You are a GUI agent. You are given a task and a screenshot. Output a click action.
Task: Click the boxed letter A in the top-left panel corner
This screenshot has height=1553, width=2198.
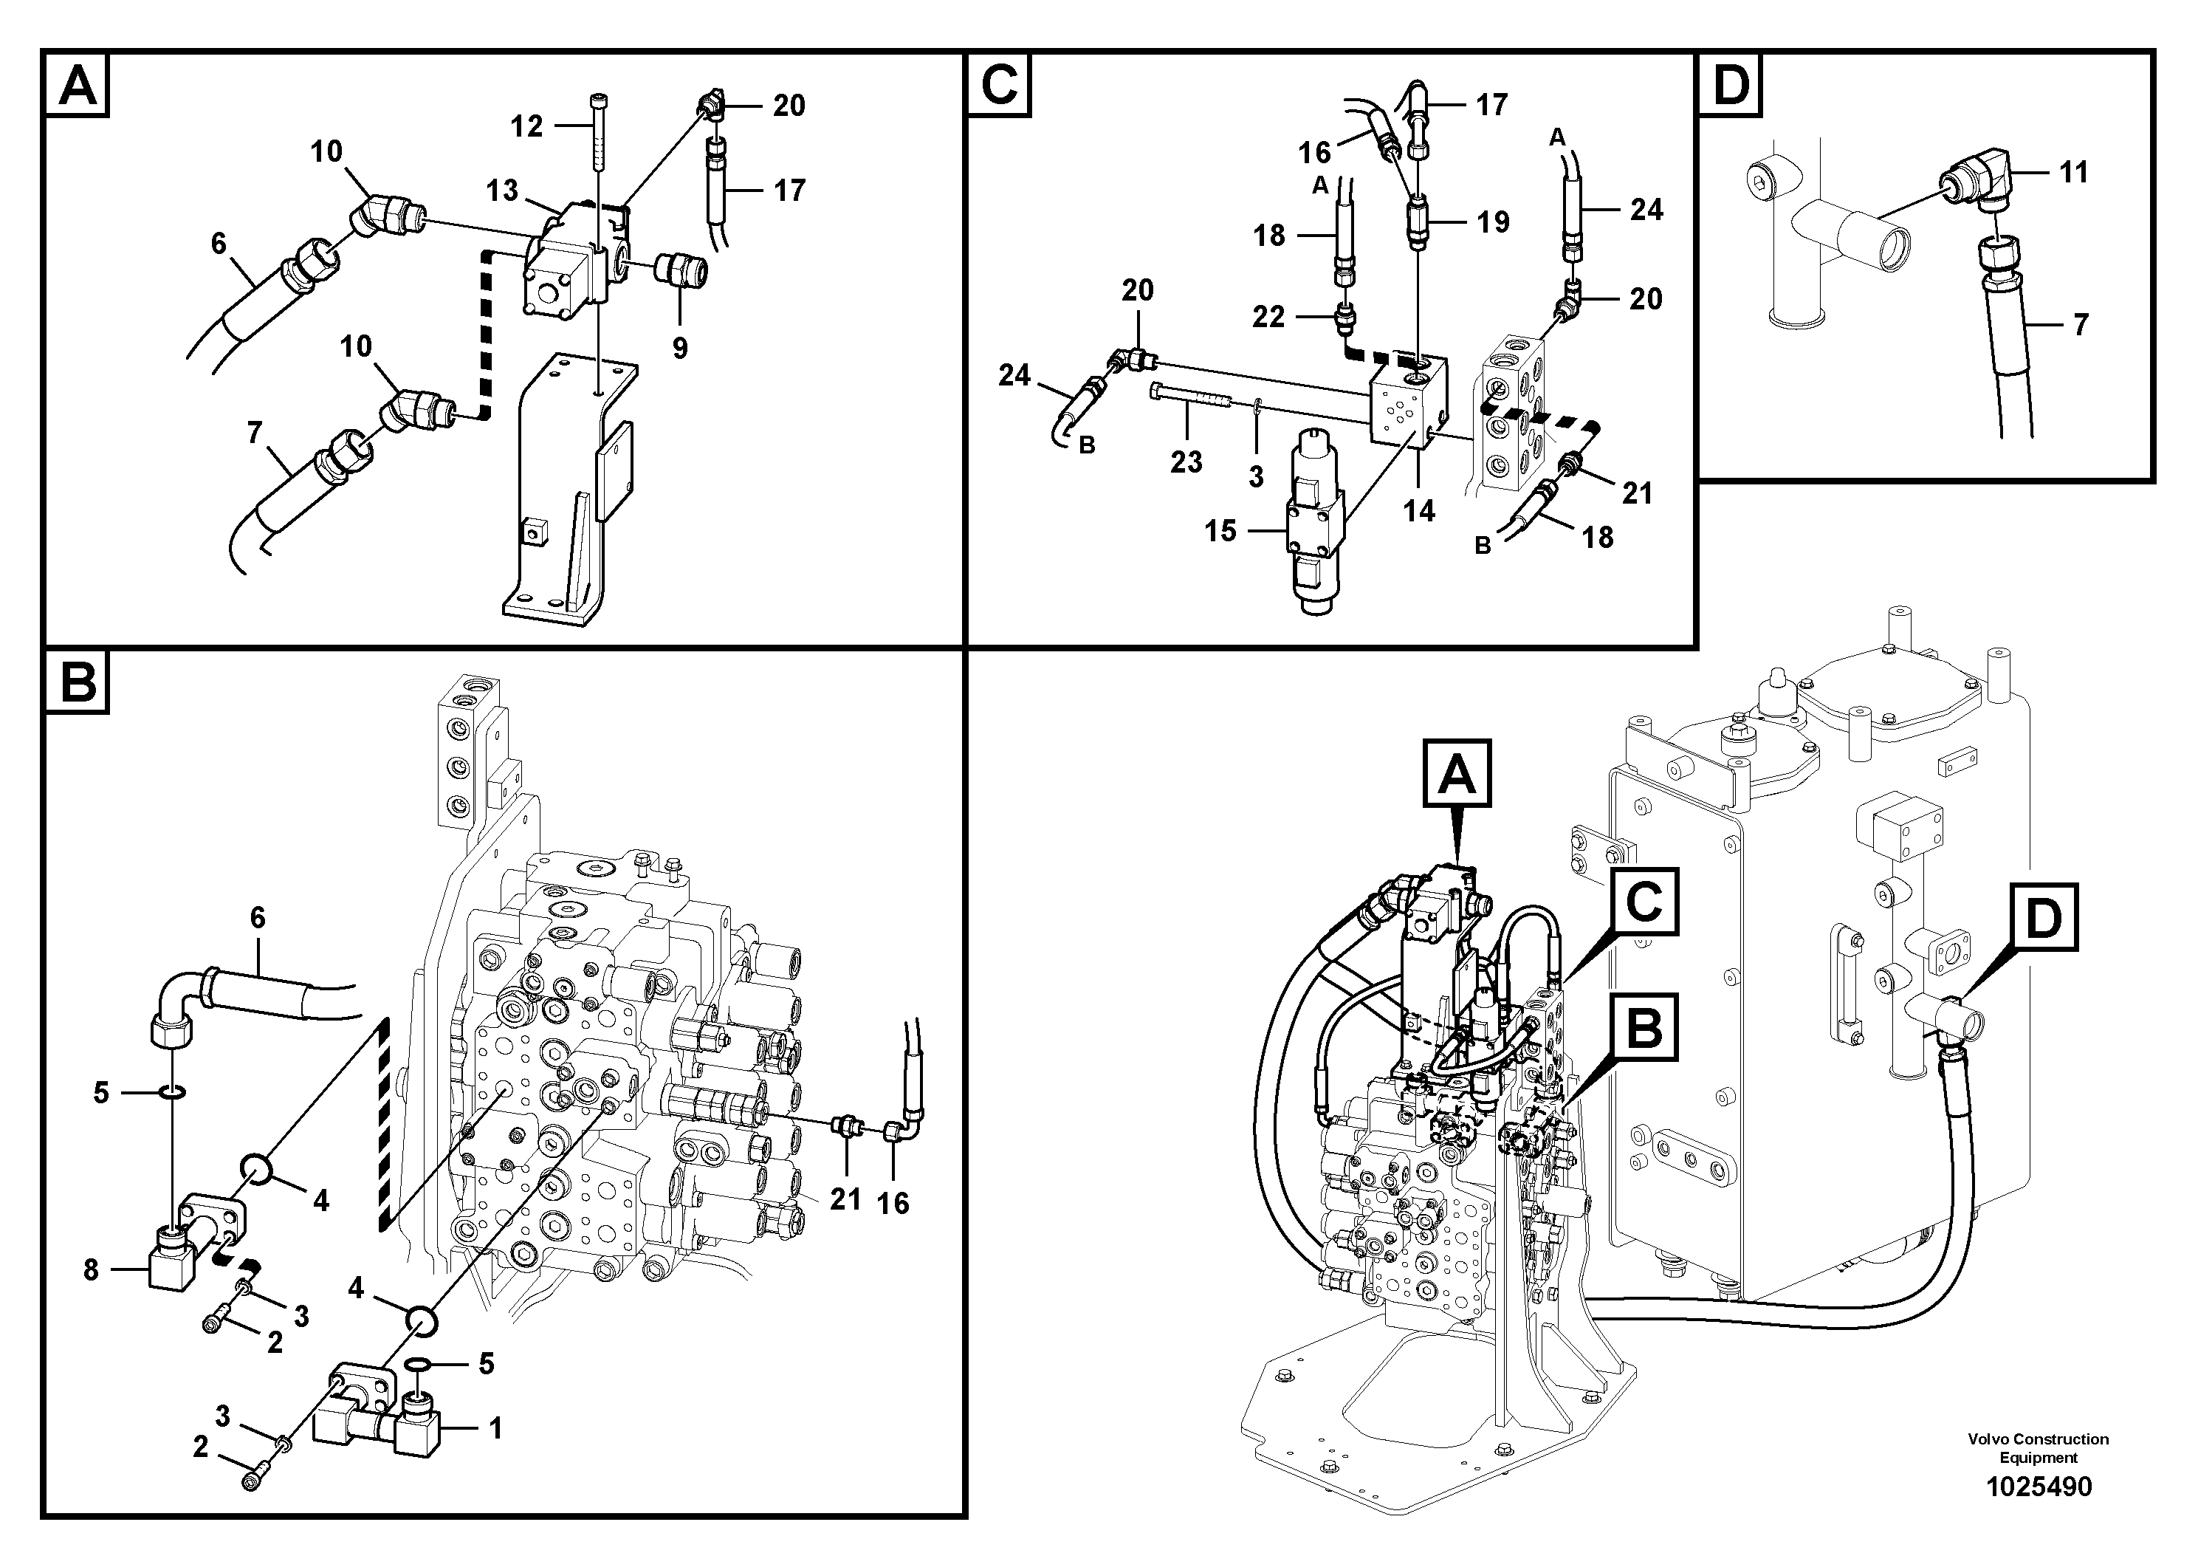point(78,84)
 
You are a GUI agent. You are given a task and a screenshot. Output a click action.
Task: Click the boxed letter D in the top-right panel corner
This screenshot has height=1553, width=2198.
point(1730,84)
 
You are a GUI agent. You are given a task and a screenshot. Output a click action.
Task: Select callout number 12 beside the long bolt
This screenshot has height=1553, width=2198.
point(526,126)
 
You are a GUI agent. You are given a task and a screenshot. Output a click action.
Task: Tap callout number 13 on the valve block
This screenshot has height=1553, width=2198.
point(501,191)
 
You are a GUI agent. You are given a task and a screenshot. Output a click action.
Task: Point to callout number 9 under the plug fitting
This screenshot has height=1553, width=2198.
point(680,348)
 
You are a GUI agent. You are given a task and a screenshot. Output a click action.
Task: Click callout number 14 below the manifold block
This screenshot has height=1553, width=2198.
point(1419,510)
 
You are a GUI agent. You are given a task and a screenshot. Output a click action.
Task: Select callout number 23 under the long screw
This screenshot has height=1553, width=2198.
point(1186,462)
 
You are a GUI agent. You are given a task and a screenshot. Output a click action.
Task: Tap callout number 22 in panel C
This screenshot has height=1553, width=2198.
point(1268,316)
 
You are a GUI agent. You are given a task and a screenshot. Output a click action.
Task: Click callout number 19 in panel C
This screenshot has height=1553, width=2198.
point(1492,222)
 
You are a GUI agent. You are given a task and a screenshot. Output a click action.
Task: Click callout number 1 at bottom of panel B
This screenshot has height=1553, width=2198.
point(495,1430)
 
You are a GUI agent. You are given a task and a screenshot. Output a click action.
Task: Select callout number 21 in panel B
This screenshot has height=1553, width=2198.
point(845,1198)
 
